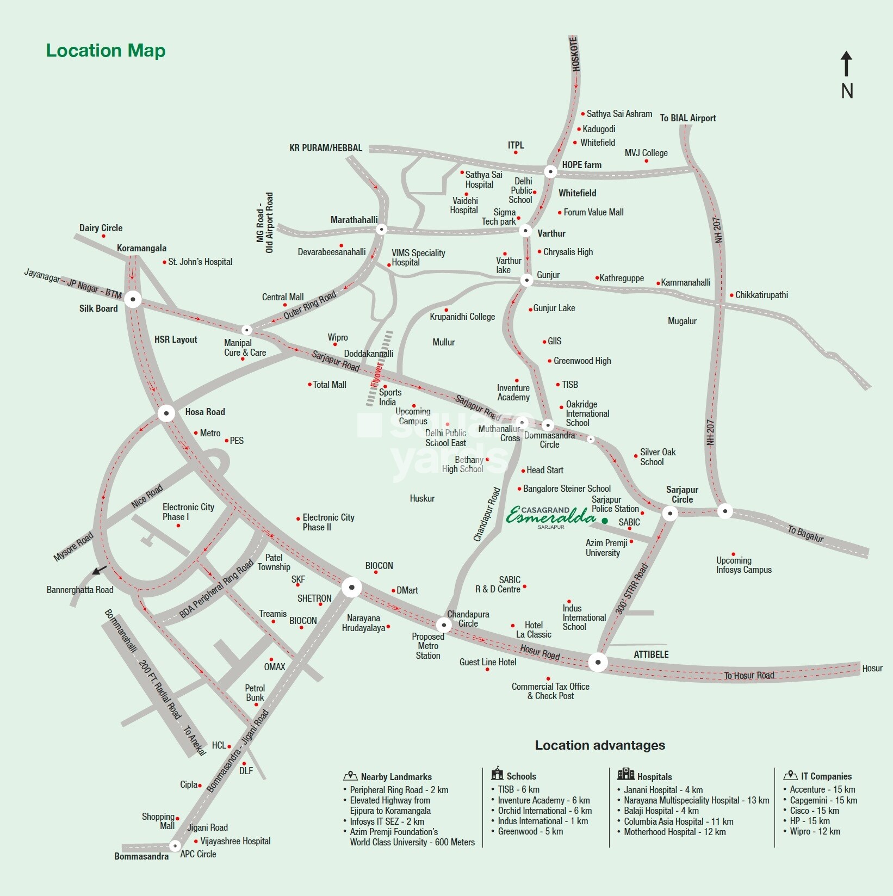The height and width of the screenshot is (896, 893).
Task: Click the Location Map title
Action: [106, 50]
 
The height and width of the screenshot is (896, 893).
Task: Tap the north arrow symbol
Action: [846, 64]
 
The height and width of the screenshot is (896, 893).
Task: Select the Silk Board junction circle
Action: [133, 299]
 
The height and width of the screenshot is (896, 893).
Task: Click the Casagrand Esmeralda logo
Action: [550, 516]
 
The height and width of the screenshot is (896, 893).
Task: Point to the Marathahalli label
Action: [354, 220]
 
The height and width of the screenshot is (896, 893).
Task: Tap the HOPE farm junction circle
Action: [550, 171]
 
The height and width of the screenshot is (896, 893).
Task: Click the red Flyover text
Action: [377, 375]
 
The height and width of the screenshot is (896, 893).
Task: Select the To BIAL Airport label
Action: [687, 118]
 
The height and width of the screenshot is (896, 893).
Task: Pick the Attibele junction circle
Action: [598, 662]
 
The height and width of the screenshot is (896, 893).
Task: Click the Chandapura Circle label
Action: [468, 619]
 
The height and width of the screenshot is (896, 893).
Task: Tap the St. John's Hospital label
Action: [200, 262]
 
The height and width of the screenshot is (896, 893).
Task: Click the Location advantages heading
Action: [600, 745]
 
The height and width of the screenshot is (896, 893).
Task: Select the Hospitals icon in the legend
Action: [626, 774]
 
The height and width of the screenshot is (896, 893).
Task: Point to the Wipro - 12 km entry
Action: [814, 831]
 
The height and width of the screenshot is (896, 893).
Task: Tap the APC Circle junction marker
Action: [175, 845]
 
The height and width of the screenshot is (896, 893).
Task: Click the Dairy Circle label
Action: [101, 228]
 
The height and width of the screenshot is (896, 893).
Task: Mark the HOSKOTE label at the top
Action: [575, 54]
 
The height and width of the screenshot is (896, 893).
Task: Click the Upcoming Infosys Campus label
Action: [743, 565]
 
